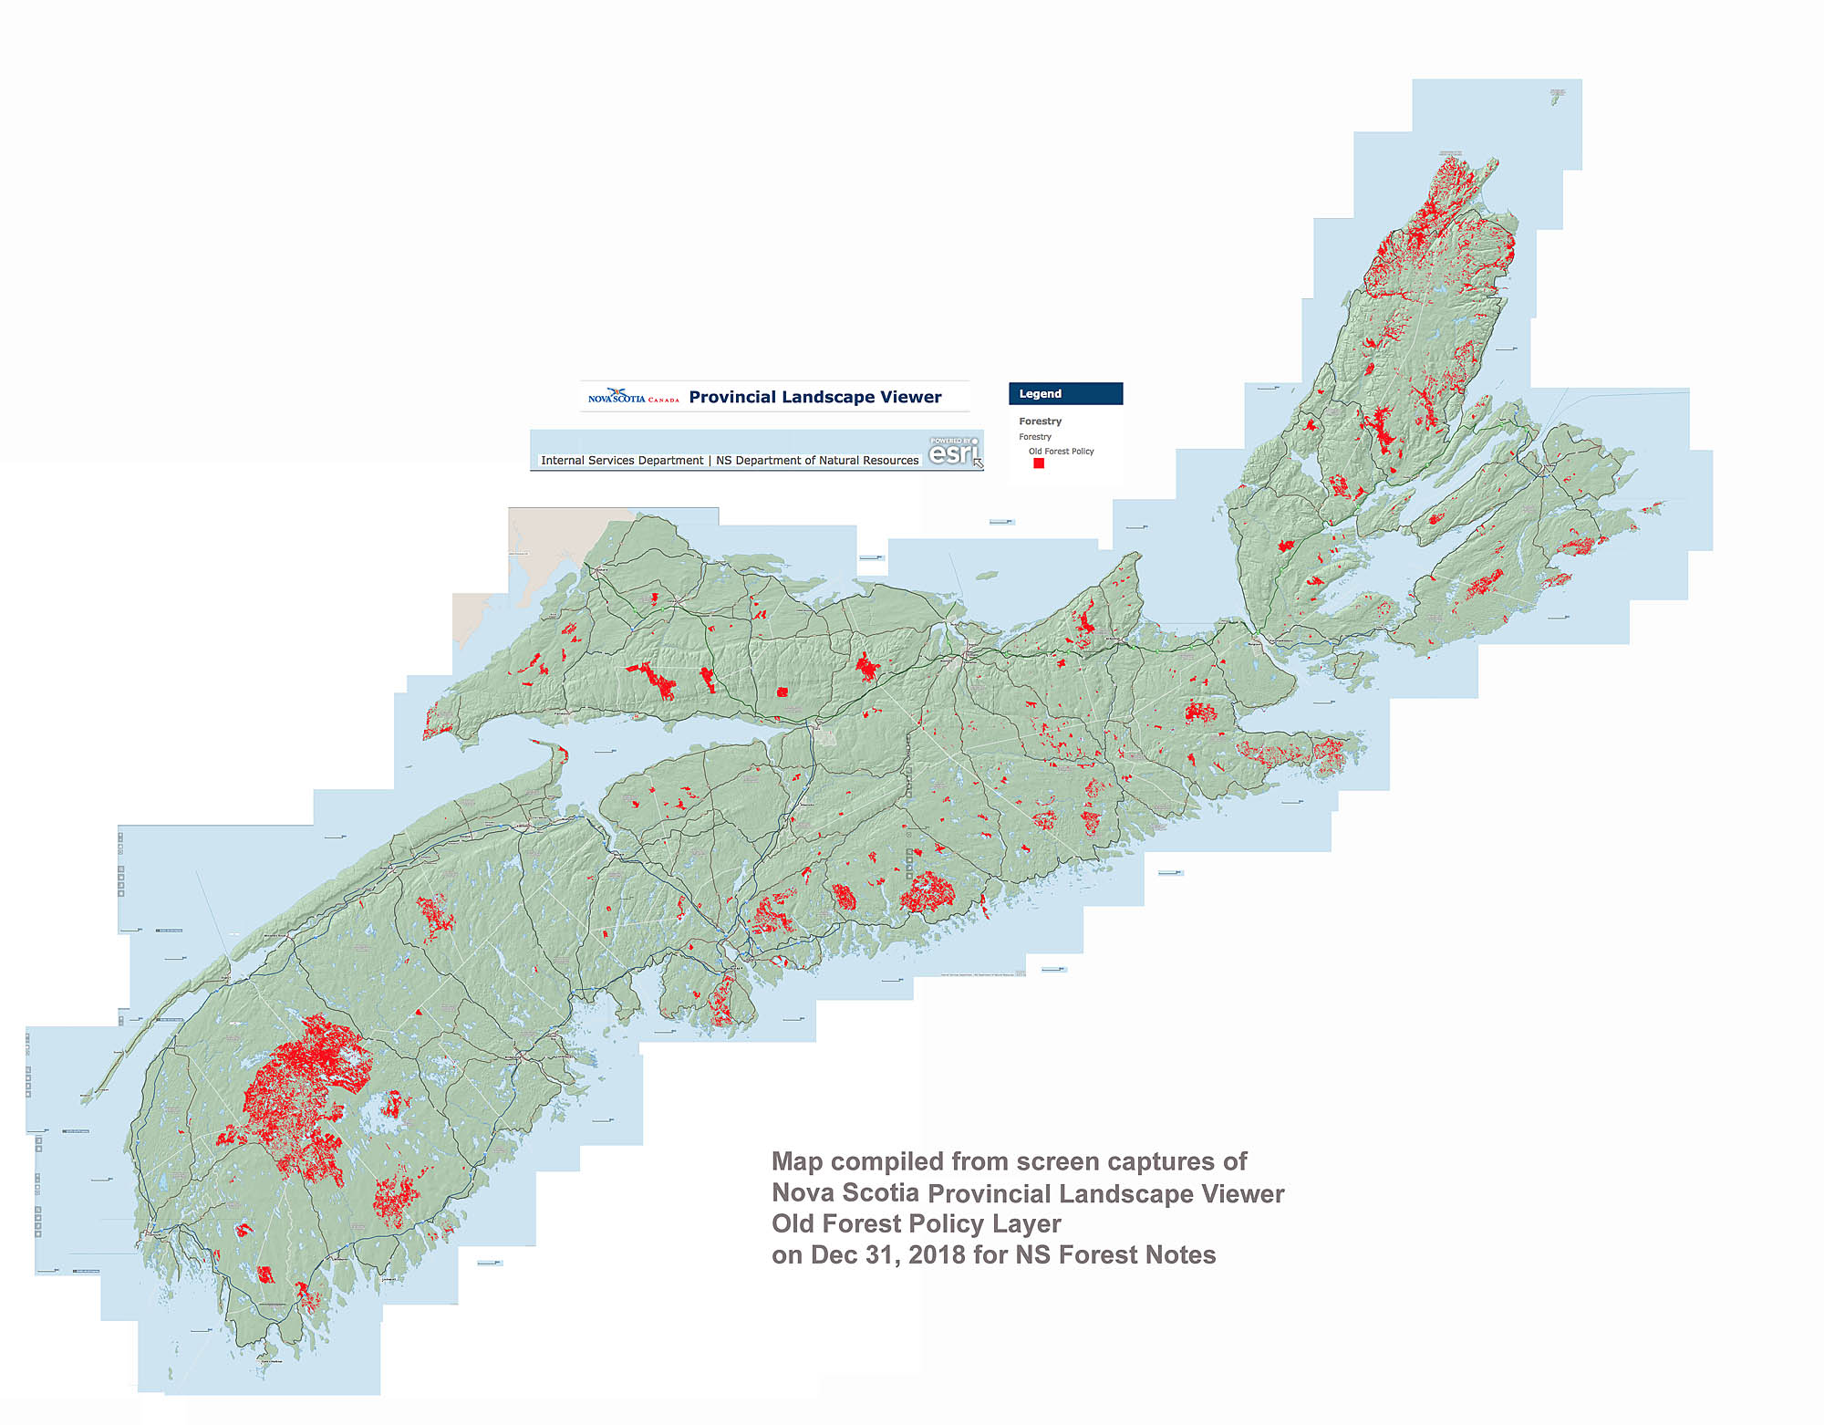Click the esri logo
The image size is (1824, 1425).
(952, 452)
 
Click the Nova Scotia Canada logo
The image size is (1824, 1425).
(633, 397)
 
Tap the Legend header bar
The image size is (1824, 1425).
(1065, 393)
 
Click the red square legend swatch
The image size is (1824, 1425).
(1038, 463)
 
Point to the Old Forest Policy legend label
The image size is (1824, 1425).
(1061, 451)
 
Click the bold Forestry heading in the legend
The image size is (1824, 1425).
(1040, 421)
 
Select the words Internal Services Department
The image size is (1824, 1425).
(621, 461)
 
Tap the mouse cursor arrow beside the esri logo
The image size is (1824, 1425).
(979, 463)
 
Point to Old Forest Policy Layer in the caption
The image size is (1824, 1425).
(916, 1223)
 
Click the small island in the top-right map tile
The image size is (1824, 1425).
(1556, 99)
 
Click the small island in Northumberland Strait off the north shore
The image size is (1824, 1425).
(986, 576)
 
